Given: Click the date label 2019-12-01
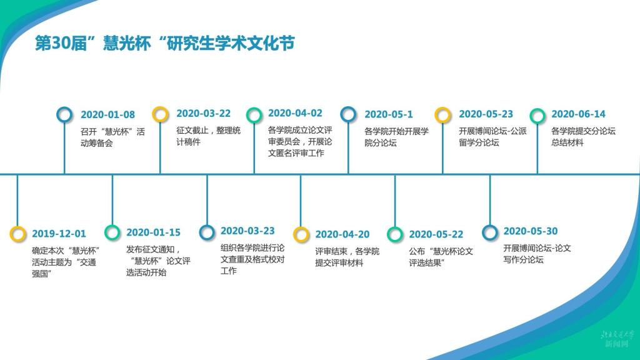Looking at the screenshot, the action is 59,234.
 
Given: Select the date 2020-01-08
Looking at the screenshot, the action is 107,115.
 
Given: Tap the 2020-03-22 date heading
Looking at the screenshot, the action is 203,114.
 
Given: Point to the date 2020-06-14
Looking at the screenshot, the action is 578,114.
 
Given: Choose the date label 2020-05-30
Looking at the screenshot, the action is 531,231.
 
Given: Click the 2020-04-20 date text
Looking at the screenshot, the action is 342,234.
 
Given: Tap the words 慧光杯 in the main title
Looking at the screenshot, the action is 127,43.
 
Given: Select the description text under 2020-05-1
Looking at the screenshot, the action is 396,137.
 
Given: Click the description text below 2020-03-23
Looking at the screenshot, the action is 252,259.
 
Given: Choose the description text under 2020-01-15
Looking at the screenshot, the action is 158,261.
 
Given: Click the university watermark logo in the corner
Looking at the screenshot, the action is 617,338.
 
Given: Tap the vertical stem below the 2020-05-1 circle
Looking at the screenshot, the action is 348,147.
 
